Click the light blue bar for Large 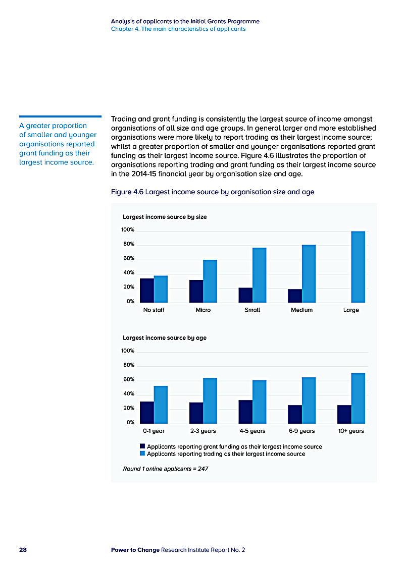pyautogui.click(x=358, y=267)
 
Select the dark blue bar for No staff pyautogui.click(x=147, y=291)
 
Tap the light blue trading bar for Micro pyautogui.click(x=210, y=281)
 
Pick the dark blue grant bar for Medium pyautogui.click(x=295, y=296)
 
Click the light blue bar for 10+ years pyautogui.click(x=358, y=398)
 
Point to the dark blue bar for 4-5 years pyautogui.click(x=245, y=412)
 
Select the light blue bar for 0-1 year pyautogui.click(x=161, y=405)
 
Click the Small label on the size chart pyautogui.click(x=252, y=310)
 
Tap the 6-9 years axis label pyautogui.click(x=301, y=431)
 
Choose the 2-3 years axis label pyautogui.click(x=203, y=431)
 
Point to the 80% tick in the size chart pyautogui.click(x=128, y=244)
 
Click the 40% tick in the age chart pyautogui.click(x=128, y=393)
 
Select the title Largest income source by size pyautogui.click(x=165, y=217)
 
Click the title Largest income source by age pyautogui.click(x=165, y=338)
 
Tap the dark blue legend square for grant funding pyautogui.click(x=142, y=446)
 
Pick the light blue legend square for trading pyautogui.click(x=142, y=453)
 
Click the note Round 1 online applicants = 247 pyautogui.click(x=166, y=469)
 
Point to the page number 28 pyautogui.click(x=23, y=550)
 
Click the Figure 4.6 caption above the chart pyautogui.click(x=213, y=192)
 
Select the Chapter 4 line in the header pyautogui.click(x=178, y=29)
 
